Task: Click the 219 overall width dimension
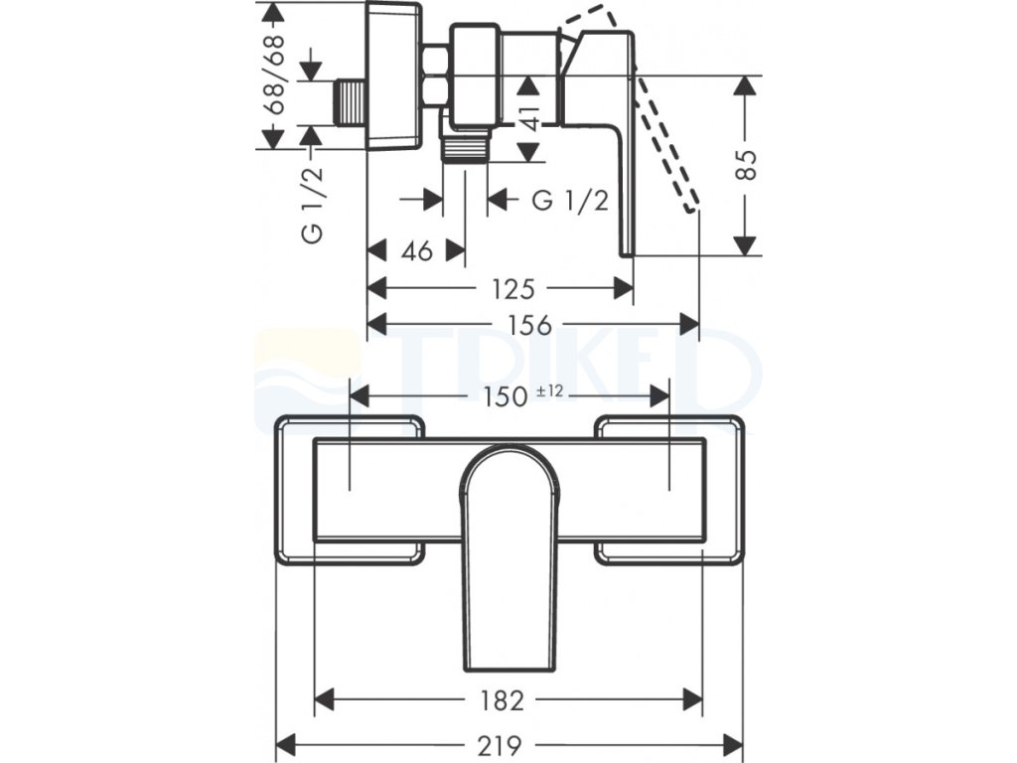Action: coord(508,744)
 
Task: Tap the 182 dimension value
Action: coord(508,699)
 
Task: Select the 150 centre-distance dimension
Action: coord(506,396)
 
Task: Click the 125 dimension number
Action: coord(514,289)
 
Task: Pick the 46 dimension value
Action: coord(417,251)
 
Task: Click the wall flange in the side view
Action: coord(395,77)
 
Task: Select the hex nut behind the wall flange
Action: coord(435,76)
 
